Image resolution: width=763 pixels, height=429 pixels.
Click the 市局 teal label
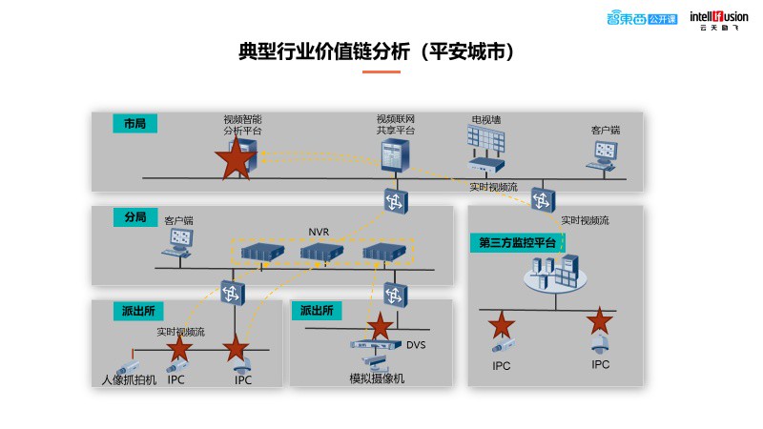tap(135, 124)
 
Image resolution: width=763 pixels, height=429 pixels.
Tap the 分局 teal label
tap(135, 217)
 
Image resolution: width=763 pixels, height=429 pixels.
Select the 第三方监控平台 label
tap(517, 243)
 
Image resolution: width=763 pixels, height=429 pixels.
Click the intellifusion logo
tap(719, 20)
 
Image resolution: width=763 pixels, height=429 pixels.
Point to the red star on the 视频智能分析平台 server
tap(236, 158)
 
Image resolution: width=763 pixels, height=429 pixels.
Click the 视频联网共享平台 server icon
tap(395, 155)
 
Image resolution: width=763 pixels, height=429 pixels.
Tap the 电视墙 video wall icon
tap(485, 149)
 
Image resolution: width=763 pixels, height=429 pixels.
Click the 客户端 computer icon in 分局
tap(178, 243)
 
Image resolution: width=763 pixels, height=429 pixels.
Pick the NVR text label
tap(319, 232)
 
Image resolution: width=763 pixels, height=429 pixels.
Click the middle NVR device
tap(321, 253)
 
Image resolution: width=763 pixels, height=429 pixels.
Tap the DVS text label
tap(416, 345)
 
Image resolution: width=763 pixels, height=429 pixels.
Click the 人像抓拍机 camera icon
tap(128, 367)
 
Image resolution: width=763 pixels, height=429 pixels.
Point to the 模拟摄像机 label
tap(377, 378)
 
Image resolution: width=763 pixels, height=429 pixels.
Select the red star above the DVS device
tap(380, 326)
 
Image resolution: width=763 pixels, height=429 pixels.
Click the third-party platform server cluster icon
tap(555, 274)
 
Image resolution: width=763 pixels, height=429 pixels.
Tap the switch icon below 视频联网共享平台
tap(396, 201)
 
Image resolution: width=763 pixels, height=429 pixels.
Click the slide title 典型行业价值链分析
tap(324, 51)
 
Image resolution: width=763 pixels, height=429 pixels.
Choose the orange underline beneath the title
tap(381, 72)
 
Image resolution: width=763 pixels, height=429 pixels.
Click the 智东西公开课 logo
tap(642, 18)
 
